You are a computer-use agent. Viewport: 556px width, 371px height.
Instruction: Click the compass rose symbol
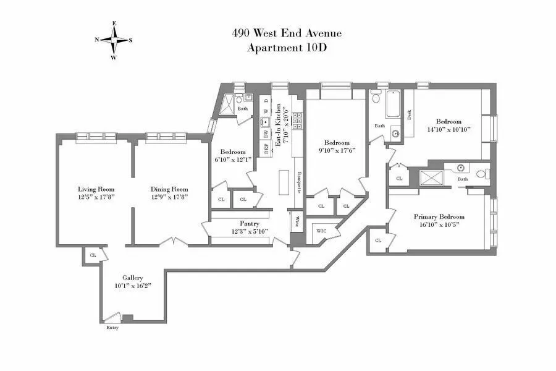pos(114,40)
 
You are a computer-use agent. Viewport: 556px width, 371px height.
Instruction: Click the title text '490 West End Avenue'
pos(286,33)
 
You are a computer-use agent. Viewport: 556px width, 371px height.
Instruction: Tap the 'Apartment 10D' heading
pos(286,48)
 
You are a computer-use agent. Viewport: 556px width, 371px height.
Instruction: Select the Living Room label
pos(96,189)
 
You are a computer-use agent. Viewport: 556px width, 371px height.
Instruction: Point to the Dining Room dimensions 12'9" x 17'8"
pos(169,197)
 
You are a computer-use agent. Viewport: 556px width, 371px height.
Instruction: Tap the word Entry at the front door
pos(112,328)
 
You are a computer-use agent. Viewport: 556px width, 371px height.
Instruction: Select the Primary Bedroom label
pos(439,217)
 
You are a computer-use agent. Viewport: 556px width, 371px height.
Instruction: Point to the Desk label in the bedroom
pos(410,115)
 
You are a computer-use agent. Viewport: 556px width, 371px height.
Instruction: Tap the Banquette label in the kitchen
pos(298,182)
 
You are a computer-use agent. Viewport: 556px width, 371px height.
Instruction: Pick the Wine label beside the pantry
pos(297,221)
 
